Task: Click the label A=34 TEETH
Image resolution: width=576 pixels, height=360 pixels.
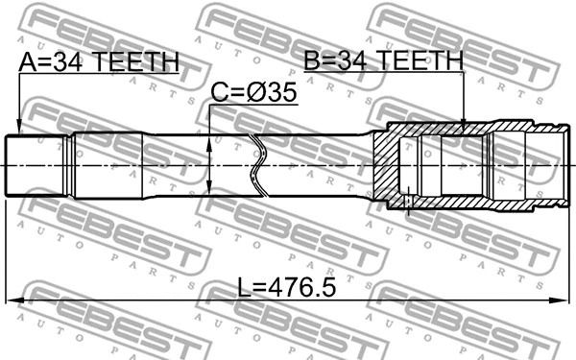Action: (x=99, y=62)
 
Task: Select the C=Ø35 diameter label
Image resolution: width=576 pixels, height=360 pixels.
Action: (x=253, y=92)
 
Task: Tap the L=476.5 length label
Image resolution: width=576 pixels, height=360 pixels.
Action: (x=286, y=287)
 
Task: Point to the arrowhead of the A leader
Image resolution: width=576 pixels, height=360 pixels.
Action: (x=19, y=128)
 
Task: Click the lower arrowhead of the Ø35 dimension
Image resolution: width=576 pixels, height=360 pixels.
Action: (x=209, y=186)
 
